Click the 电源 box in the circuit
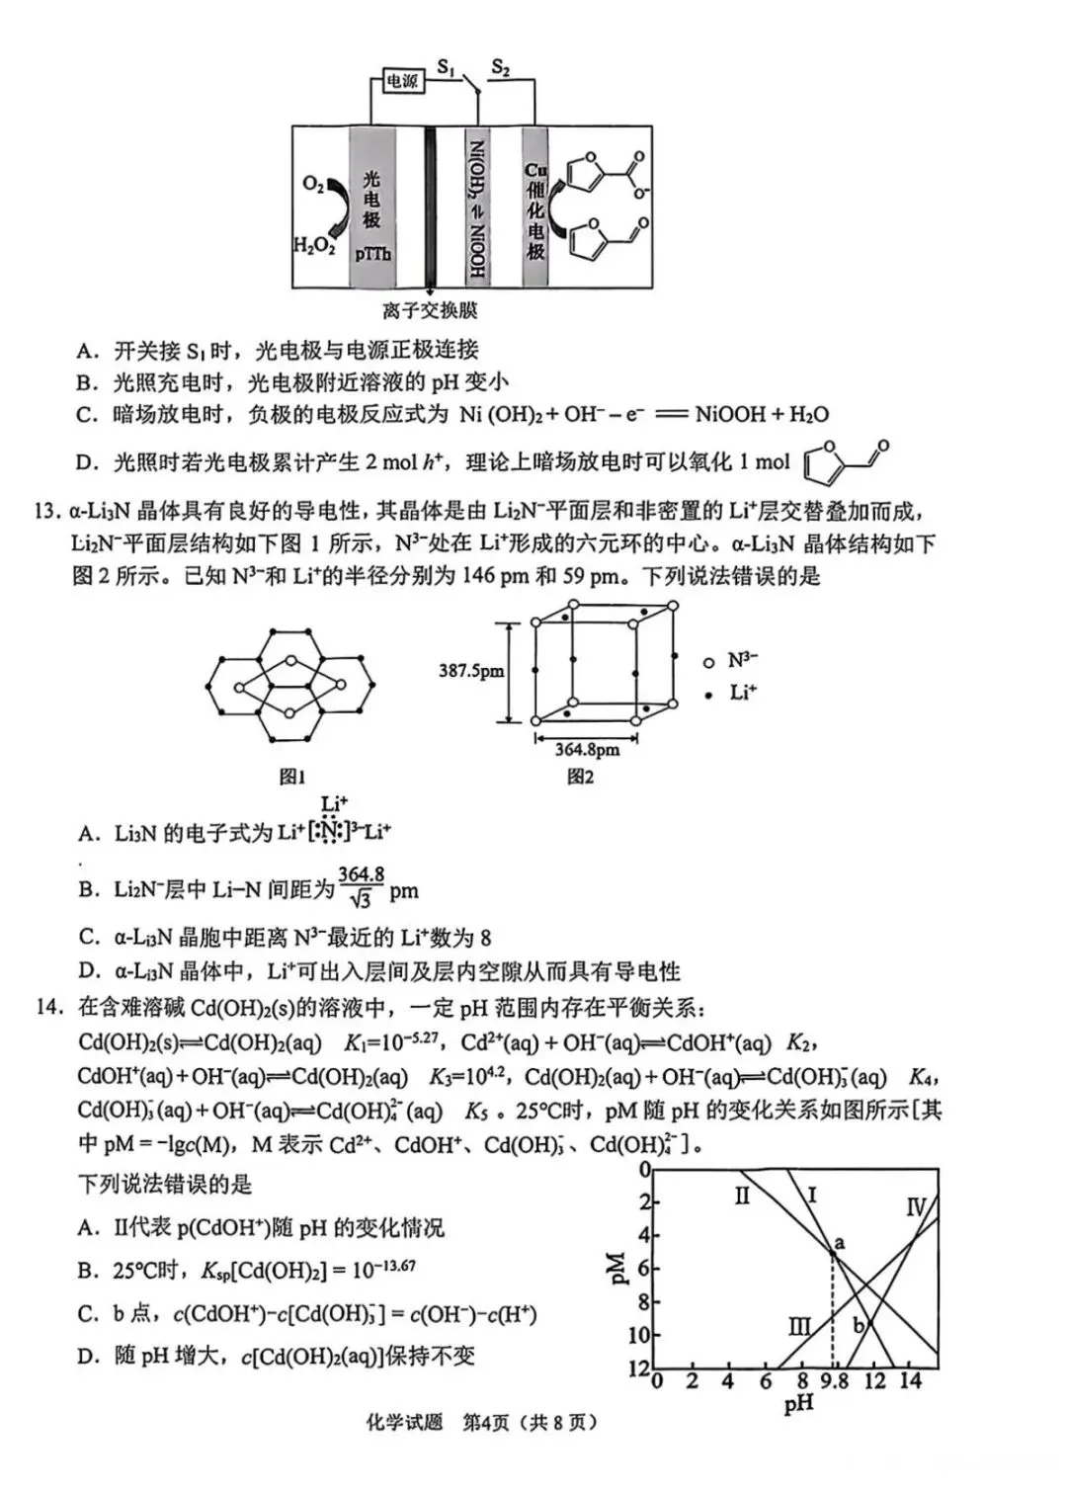pos(402,81)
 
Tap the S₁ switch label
pos(447,66)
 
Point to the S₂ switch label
pos(500,66)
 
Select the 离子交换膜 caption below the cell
pos(430,310)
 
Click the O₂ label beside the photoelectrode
pos(313,185)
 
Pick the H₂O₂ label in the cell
pos(314,245)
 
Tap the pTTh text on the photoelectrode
pos(372,254)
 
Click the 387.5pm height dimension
pos(470,671)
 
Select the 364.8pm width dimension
pos(587,749)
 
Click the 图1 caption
pos(291,778)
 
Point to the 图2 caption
pos(580,778)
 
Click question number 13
pos(47,511)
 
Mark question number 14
pos(47,1007)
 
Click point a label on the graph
pos(840,1242)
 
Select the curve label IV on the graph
pos(916,1206)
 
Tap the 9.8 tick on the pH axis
pos(835,1380)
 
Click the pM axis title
pos(617,1268)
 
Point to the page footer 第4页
pos(487,1422)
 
